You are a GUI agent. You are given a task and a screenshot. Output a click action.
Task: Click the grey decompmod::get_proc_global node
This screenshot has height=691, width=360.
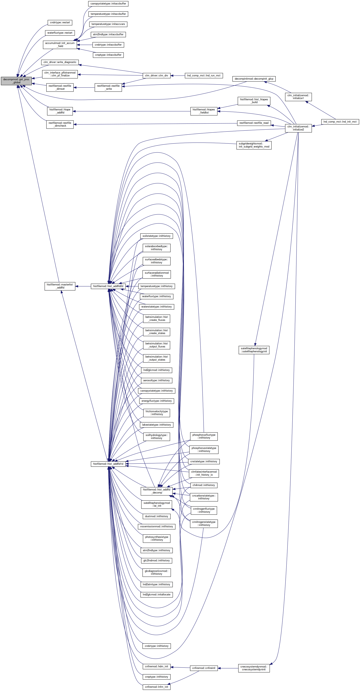[16, 81]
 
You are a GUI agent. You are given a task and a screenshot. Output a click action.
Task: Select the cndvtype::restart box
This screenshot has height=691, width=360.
[60, 22]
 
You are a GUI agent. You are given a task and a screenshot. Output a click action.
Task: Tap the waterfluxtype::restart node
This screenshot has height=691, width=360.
[60, 33]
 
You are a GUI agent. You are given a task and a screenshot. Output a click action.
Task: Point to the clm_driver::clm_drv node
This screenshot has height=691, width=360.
[156, 76]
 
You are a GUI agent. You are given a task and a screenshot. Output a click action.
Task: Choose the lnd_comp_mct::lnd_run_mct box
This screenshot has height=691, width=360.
[204, 76]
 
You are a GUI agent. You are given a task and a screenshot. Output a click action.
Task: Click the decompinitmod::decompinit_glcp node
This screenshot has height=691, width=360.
[254, 79]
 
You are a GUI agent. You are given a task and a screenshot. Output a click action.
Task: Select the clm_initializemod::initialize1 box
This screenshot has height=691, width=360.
[298, 97]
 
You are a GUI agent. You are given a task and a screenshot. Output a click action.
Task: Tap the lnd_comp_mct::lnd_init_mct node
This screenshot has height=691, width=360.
[340, 122]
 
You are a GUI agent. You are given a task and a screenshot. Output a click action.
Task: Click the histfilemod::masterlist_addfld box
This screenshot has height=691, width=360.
[60, 286]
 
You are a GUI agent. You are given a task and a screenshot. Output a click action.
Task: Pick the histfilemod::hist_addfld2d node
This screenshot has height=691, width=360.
[108, 286]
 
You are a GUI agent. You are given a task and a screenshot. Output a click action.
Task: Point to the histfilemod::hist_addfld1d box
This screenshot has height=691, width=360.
[108, 464]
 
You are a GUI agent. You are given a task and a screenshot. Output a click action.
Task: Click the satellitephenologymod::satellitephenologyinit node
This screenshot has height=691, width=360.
[254, 350]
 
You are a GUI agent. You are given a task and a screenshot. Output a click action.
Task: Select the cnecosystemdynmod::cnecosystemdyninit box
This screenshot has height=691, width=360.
[254, 668]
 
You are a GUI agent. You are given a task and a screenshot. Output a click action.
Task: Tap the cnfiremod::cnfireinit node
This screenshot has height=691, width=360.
[204, 668]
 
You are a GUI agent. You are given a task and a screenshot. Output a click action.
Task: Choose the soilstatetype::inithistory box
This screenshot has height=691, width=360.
[156, 236]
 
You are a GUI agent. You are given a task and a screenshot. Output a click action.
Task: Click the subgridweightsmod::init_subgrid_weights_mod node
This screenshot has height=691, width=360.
[254, 145]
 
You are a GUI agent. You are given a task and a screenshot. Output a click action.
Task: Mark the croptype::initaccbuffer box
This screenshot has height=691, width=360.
[108, 55]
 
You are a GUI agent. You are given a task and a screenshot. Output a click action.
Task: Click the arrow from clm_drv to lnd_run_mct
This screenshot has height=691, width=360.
[178, 76]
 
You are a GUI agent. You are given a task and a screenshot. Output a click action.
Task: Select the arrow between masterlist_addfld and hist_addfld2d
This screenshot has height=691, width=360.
[83, 286]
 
